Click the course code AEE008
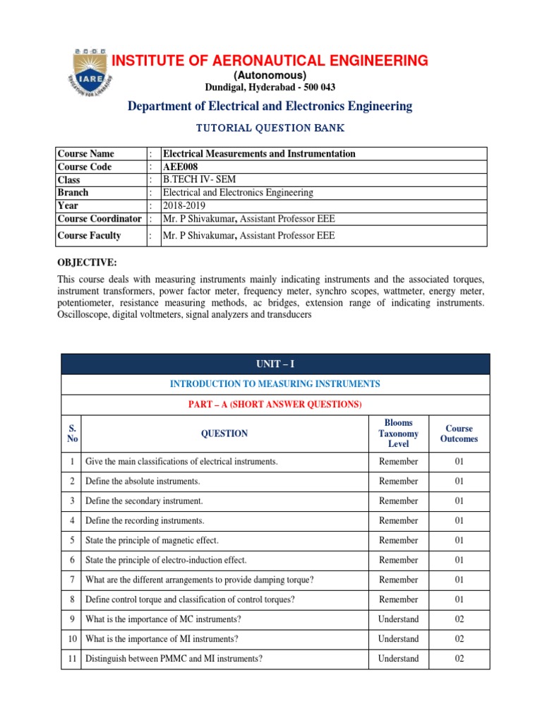[181, 167]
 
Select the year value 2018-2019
[185, 205]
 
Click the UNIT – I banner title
[275, 364]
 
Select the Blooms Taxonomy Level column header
[398, 434]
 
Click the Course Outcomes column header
[459, 434]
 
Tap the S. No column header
[72, 434]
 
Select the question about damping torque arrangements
[200, 580]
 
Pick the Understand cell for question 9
[398, 619]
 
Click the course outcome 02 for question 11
[459, 659]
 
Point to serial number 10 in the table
[72, 639]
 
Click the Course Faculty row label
[89, 236]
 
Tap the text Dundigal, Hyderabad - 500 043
[270, 88]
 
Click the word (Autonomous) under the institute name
[270, 76]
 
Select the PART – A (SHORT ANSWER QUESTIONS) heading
[275, 405]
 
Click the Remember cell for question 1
[398, 462]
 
